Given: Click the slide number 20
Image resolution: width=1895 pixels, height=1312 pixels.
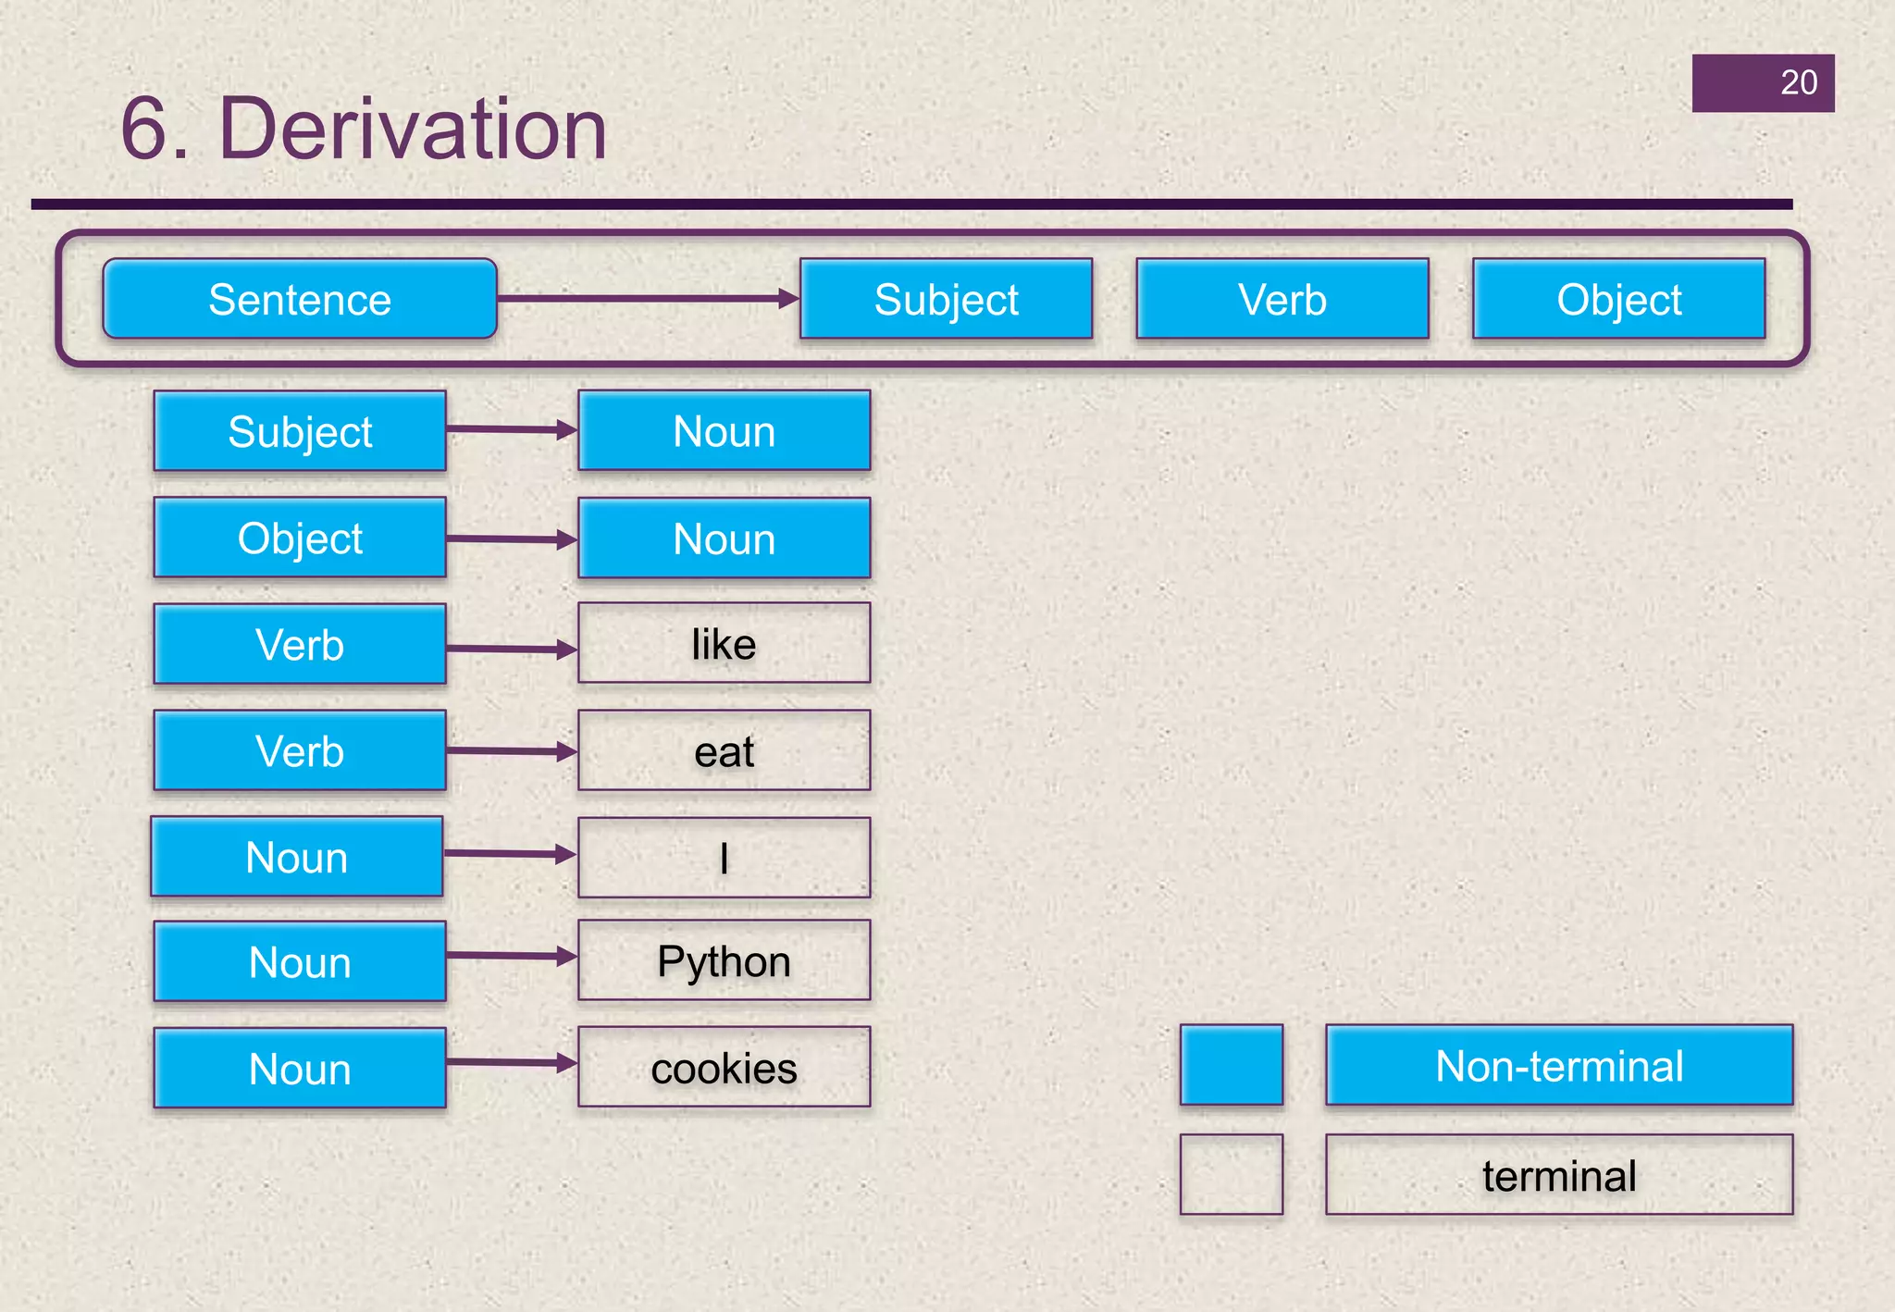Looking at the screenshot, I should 1798,82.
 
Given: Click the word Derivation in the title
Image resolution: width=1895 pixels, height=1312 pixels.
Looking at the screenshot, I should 413,130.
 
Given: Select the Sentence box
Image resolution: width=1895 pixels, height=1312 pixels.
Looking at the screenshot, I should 300,299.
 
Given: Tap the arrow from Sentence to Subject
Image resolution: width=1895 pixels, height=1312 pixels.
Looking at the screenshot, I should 648,298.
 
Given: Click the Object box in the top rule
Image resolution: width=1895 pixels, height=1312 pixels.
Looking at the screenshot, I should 1618,299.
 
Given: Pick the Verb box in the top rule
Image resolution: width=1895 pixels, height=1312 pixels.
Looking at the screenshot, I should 1282,299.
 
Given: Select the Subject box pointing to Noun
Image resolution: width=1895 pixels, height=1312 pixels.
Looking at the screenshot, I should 300,431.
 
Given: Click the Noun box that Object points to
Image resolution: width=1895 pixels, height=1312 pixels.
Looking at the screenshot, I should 724,538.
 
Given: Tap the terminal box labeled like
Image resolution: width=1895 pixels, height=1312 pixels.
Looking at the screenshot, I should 724,644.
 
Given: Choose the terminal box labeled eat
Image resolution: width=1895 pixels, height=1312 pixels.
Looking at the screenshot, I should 724,750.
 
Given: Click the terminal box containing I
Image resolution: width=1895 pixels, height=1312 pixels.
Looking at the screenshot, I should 724,858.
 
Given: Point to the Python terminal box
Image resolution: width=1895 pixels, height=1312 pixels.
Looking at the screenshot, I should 724,960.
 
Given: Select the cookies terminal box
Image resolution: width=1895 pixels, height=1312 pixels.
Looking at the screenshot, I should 724,1067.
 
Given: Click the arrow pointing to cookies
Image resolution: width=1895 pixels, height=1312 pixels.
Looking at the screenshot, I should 511,1063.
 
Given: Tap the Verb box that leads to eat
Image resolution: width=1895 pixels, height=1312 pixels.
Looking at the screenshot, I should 300,750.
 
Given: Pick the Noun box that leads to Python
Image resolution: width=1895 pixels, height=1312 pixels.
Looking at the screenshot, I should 300,961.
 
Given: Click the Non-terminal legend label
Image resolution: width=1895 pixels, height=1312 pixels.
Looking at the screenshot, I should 1559,1065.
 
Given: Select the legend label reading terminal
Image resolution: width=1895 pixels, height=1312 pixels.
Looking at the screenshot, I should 1559,1175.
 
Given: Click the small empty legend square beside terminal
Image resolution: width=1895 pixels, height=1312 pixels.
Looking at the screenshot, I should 1232,1174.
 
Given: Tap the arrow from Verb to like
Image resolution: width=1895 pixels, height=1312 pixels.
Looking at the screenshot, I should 511,650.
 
